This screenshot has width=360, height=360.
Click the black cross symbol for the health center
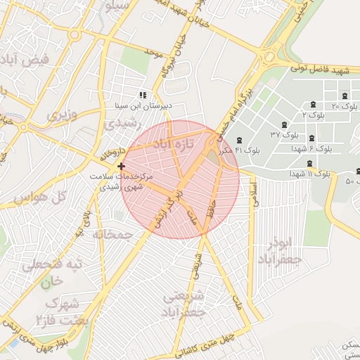(x=122, y=167)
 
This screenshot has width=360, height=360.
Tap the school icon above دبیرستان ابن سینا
(x=143, y=94)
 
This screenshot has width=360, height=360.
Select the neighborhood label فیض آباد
(x=26, y=60)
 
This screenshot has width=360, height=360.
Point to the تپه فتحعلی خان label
(x=53, y=271)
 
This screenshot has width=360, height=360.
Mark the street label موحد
(x=153, y=52)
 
